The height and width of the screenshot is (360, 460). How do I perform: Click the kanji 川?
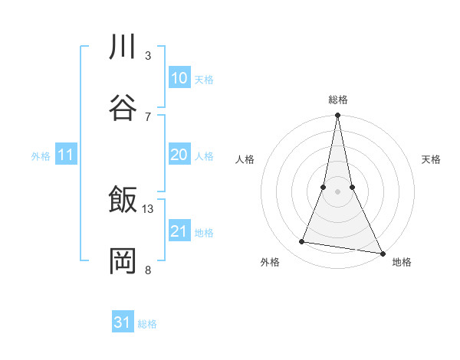point(123,47)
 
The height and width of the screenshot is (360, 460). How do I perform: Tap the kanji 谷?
point(123,108)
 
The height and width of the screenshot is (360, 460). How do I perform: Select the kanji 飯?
point(123,201)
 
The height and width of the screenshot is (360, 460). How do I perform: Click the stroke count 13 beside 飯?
point(148,208)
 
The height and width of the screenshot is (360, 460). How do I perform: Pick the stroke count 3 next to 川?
point(148,55)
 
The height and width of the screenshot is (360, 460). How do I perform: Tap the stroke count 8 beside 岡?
point(148,270)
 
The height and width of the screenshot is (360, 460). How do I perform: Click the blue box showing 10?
point(179,78)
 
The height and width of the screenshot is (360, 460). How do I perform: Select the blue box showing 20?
point(179,155)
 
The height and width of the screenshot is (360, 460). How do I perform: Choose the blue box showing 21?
point(179,231)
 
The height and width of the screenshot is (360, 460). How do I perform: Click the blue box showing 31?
point(123,322)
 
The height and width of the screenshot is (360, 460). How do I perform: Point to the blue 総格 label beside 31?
point(147,324)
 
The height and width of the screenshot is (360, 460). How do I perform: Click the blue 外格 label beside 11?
point(41,156)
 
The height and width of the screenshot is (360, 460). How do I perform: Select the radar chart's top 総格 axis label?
point(338,100)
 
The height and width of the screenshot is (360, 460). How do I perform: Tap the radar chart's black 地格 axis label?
point(402,263)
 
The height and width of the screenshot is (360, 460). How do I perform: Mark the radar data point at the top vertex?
point(337,116)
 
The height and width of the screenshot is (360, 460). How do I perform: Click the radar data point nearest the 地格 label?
point(382,253)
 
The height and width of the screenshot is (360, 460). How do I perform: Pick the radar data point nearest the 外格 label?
point(302,242)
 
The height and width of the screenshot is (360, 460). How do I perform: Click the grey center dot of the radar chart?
point(337,191)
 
